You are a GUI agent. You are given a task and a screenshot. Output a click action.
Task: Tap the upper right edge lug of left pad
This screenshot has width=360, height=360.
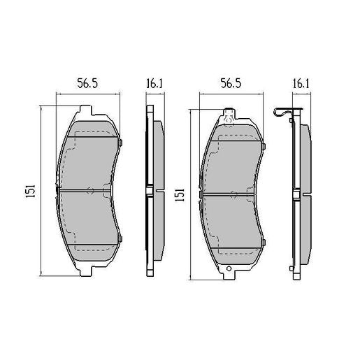[120, 145]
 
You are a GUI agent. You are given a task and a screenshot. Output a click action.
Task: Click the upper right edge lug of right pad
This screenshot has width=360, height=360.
[265, 145]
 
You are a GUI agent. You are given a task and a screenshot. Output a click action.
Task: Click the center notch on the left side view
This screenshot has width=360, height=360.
[148, 191]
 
